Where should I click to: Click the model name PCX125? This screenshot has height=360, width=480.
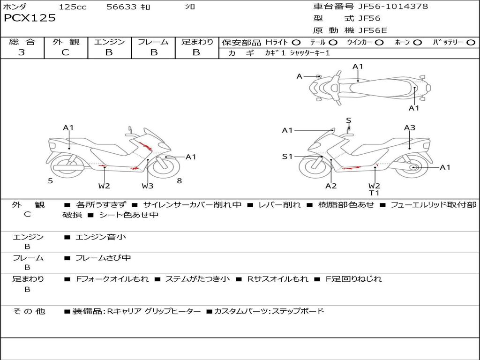30,18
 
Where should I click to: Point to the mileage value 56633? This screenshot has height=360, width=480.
121,7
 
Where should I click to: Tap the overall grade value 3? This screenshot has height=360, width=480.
22,52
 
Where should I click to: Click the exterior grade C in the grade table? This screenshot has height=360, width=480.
65,52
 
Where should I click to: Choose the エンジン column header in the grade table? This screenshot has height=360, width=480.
109,42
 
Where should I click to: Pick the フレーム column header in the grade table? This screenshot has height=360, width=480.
153,42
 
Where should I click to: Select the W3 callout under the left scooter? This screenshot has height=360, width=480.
148,186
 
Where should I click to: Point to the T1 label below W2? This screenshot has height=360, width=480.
374,193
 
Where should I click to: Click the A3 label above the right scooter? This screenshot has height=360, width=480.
410,127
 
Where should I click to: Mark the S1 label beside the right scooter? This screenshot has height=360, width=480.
287,157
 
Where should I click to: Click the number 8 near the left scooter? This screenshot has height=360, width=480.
180,181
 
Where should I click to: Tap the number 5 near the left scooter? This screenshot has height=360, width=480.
50,181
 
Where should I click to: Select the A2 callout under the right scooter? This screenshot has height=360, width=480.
331,186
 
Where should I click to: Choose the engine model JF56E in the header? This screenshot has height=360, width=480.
373,30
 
